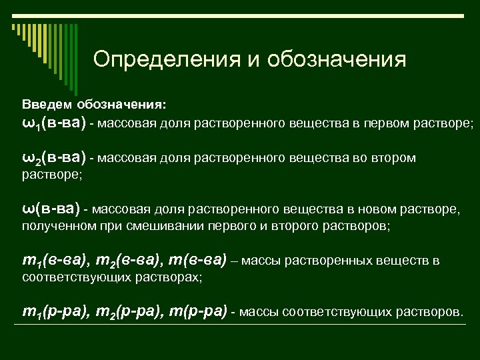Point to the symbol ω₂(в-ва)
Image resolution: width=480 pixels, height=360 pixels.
coord(54,157)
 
